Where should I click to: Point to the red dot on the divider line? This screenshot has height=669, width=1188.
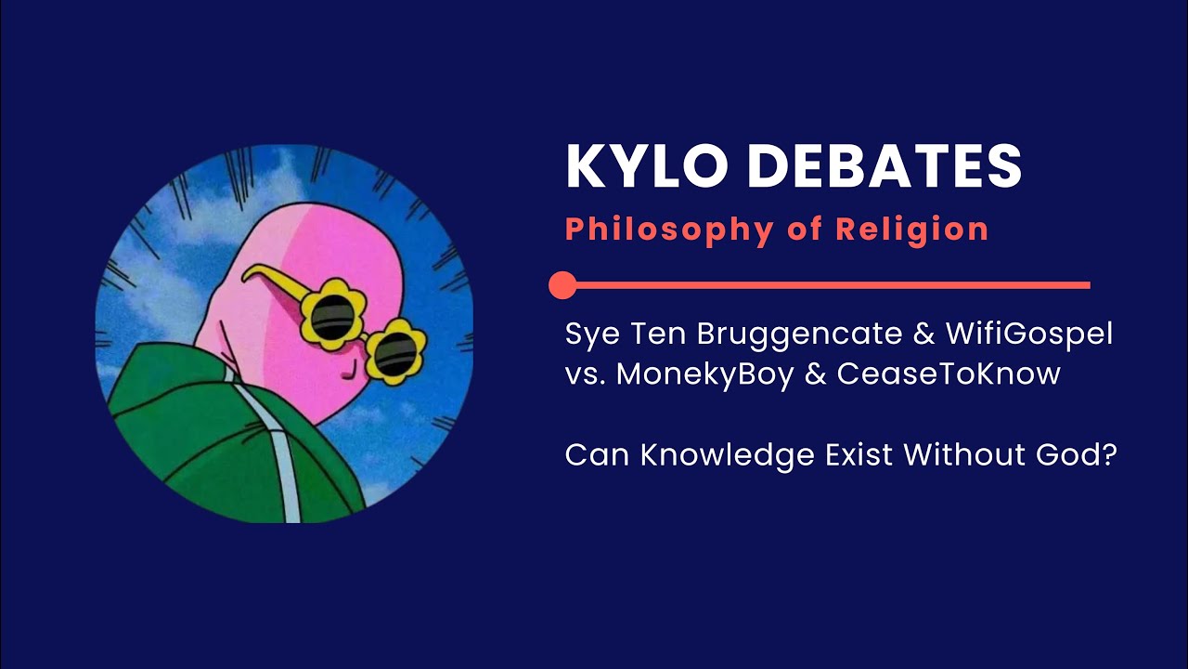pos(562,285)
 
